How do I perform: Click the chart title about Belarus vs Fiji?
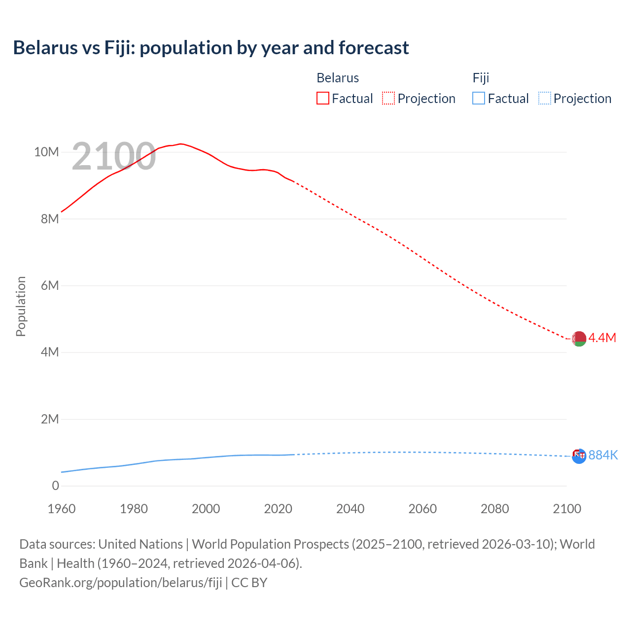pos(211,48)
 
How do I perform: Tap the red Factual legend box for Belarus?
pos(322,99)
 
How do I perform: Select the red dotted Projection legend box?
pos(388,99)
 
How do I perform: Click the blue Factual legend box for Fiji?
pos(479,99)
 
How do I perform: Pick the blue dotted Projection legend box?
pos(545,99)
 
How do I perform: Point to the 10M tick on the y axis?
pos(46,152)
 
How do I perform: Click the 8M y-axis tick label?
pos(50,219)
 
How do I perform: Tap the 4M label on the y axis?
pos(50,352)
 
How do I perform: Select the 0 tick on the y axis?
pos(55,486)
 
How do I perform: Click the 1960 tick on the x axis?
pos(62,509)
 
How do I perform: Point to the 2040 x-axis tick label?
pos(350,509)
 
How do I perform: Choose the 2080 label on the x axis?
pos(494,509)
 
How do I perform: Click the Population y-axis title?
pos(21,306)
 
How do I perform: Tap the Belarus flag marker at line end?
pos(579,339)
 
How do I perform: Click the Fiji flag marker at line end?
pos(579,456)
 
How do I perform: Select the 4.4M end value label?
pos(602,338)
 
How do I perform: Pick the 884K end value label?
pos(603,455)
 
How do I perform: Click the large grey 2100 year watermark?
pos(114,157)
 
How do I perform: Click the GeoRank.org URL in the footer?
pos(121,583)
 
